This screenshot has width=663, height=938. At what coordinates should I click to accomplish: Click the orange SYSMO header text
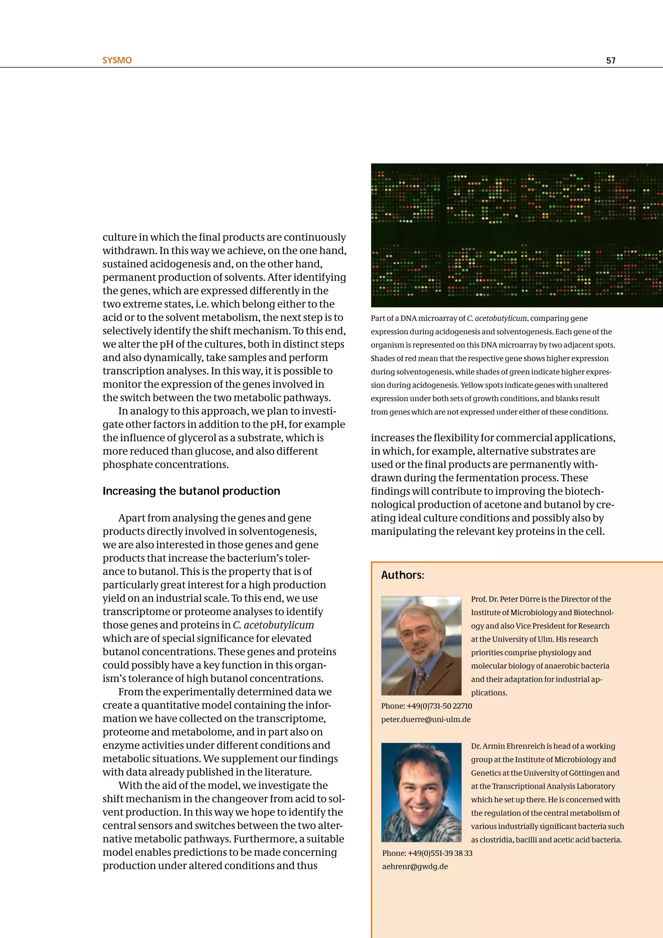117,61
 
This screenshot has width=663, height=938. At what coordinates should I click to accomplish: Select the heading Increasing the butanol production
191,491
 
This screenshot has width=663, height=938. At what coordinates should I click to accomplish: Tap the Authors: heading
402,575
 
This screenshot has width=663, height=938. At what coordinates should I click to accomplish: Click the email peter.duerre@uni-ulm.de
426,719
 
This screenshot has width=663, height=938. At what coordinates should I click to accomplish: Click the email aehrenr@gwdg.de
415,866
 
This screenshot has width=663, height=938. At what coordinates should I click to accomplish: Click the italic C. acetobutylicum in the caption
496,318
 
